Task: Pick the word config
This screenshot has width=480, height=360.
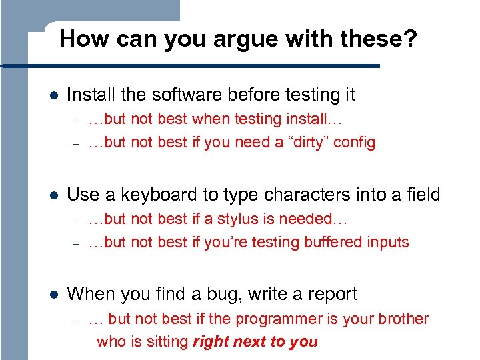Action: tap(354, 143)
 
